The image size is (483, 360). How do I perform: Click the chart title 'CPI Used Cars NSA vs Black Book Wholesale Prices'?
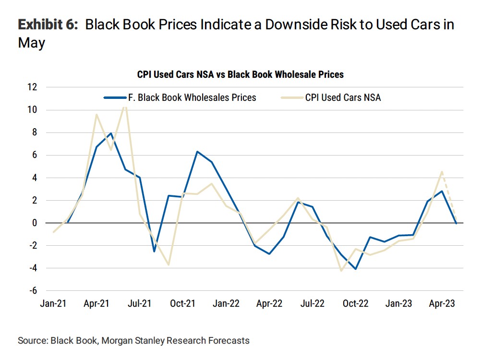[x=240, y=74]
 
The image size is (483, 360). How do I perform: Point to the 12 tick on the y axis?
[x=33, y=87]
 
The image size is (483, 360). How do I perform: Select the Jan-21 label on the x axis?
[x=53, y=304]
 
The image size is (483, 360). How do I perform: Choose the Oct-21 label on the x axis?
[x=183, y=304]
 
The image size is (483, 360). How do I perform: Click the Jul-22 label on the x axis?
[x=312, y=304]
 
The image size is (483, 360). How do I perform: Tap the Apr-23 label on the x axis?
[x=442, y=304]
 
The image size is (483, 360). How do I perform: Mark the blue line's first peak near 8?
[x=111, y=133]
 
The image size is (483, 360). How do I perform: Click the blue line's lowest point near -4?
[x=355, y=269]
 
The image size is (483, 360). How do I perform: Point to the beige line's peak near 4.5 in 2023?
[x=441, y=172]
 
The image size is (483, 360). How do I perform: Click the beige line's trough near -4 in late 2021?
[x=169, y=264]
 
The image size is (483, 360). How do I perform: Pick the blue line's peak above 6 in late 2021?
[x=197, y=152]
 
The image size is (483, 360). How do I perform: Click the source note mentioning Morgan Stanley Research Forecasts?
[x=133, y=341]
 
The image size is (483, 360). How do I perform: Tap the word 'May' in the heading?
[x=32, y=43]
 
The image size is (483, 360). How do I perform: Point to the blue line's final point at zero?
[x=456, y=223]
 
